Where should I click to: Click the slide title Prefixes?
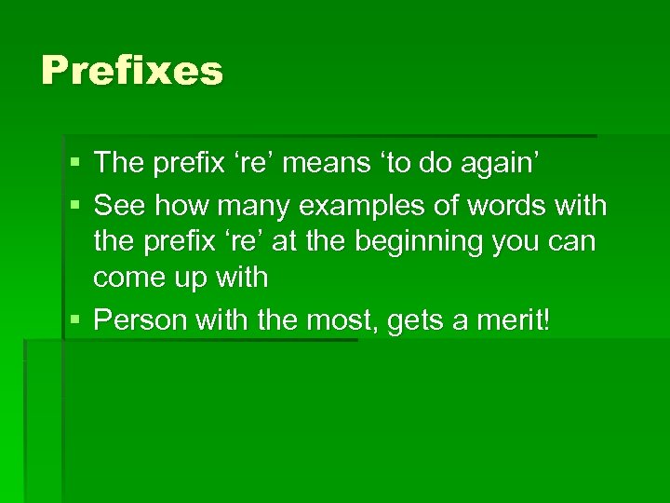[132, 71]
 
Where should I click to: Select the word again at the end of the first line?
[507, 163]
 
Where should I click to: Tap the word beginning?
[429, 241]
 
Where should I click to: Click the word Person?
[143, 320]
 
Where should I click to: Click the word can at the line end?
[577, 242]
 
